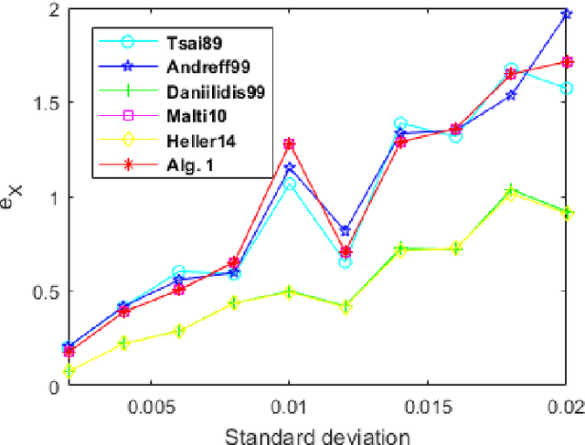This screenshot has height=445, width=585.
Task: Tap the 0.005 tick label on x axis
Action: pos(148,406)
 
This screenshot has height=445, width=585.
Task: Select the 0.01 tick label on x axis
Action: pos(289,406)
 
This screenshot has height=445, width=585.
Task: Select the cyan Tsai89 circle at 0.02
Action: pos(567,89)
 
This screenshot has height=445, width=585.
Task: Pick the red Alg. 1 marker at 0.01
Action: pos(289,144)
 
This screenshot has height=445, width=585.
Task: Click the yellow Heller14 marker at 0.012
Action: pos(346,307)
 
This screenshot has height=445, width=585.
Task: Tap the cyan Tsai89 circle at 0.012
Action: pos(346,262)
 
